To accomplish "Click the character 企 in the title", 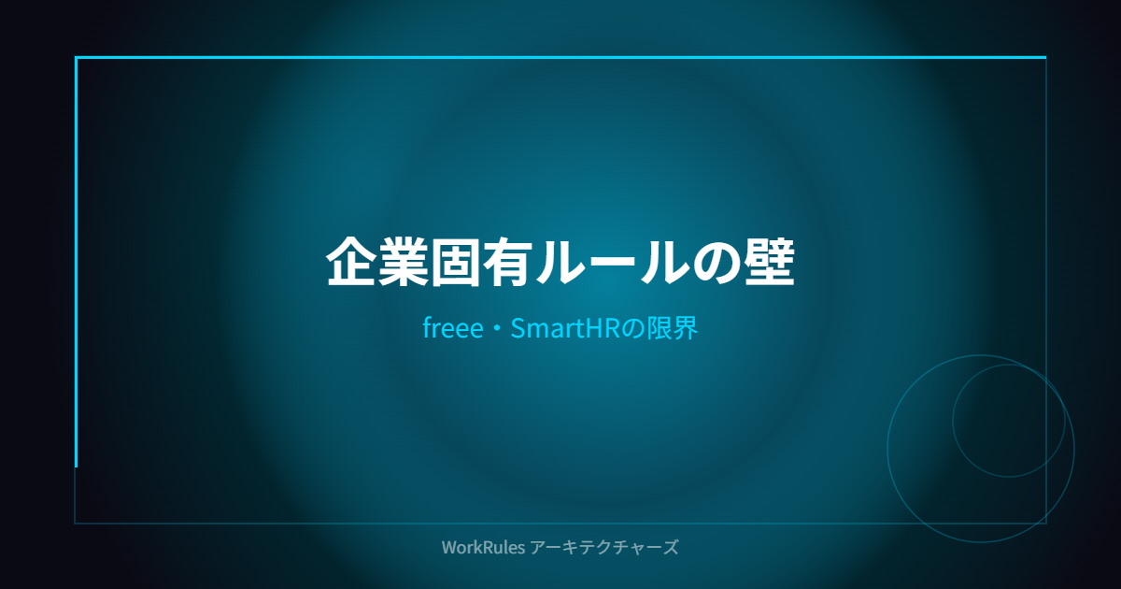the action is [x=351, y=262].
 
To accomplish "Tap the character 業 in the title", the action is [x=404, y=262].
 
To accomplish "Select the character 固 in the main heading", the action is [x=456, y=262].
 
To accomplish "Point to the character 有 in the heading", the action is [x=507, y=262].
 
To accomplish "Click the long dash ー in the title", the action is [x=611, y=263].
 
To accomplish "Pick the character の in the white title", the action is [x=716, y=263].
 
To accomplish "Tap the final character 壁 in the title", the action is [x=770, y=262].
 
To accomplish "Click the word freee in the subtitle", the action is [x=453, y=328].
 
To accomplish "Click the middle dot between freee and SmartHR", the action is [x=497, y=329].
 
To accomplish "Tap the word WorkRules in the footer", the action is [x=483, y=547].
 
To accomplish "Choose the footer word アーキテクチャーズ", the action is [x=604, y=547].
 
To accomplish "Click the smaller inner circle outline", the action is [x=953, y=421].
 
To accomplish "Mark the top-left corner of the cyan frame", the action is [x=76, y=58].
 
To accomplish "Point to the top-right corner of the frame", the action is [x=1045, y=58].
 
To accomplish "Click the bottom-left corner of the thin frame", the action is [x=75, y=524].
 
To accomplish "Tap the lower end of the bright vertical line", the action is [x=76, y=467].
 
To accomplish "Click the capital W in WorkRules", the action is [x=450, y=547].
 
